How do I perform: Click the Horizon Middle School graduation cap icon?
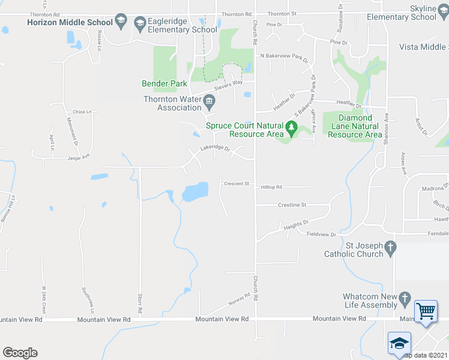pos(121,22)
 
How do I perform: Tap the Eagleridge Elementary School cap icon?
pos(140,25)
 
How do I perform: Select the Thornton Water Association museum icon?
pos(209,100)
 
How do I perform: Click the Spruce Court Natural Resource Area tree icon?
pos(292,127)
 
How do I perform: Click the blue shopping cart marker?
pos(426,311)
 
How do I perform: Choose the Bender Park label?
pos(164,84)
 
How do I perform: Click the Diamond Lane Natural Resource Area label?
pos(355,127)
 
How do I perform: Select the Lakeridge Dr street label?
pos(215,148)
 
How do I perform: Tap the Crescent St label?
pos(236,184)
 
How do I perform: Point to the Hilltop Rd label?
pos(271,188)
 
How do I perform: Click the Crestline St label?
pos(292,205)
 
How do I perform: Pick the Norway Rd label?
pos(238,298)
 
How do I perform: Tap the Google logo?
pos(20,353)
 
